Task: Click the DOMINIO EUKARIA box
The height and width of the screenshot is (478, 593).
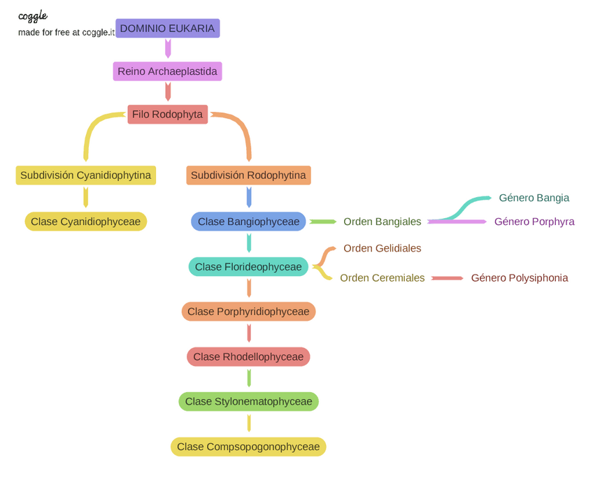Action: [168, 29]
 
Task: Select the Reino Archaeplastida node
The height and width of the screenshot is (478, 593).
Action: [168, 71]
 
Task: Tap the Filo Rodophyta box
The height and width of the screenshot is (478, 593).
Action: [168, 115]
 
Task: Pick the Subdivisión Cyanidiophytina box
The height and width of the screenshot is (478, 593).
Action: [86, 175]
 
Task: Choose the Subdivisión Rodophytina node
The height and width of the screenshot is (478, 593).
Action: [248, 175]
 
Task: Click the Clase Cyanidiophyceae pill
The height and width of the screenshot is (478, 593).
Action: [86, 222]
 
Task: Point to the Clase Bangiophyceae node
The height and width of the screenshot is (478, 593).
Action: [248, 222]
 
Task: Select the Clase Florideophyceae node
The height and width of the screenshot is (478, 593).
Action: [248, 267]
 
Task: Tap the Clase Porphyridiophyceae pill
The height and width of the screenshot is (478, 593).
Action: [248, 312]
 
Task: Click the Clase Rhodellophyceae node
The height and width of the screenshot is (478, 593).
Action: [248, 356]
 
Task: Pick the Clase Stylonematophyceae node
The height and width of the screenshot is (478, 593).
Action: [248, 401]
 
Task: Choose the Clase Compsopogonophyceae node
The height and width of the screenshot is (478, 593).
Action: [248, 447]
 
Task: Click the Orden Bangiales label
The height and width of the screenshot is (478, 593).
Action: [383, 222]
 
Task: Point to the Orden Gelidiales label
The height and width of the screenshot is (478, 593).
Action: [383, 248]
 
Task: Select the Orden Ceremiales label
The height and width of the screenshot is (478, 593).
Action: [383, 278]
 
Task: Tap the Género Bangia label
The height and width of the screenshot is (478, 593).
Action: [534, 198]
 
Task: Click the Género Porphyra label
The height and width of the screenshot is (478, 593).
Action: [534, 222]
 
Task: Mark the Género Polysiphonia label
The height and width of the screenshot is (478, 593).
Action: [520, 278]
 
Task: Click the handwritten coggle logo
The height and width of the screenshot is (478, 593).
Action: [33, 16]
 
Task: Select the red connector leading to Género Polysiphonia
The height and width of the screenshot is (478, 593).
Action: [448, 279]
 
